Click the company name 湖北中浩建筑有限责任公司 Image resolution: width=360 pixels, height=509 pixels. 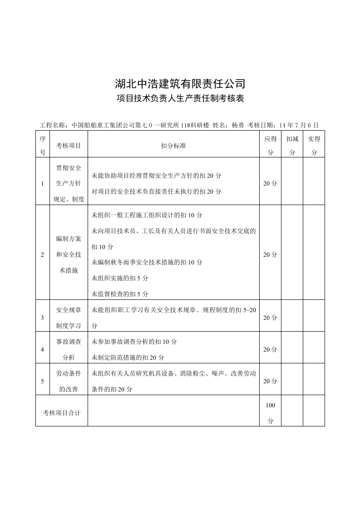pyautogui.click(x=180, y=83)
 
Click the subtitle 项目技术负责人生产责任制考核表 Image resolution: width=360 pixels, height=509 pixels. pyautogui.click(x=180, y=98)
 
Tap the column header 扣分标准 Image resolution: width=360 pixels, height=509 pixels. pyautogui.click(x=173, y=146)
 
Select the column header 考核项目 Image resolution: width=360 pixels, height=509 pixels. pyautogui.click(x=69, y=146)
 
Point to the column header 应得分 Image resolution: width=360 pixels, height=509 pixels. pyautogui.click(x=270, y=146)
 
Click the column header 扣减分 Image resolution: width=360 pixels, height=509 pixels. pyautogui.click(x=292, y=146)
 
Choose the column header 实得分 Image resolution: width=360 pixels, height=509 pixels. pyautogui.click(x=314, y=146)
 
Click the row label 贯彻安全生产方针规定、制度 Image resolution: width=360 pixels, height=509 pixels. pyautogui.click(x=69, y=184)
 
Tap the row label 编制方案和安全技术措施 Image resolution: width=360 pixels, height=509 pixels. pyautogui.click(x=69, y=255)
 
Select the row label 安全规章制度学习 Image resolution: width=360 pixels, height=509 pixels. pyautogui.click(x=69, y=318)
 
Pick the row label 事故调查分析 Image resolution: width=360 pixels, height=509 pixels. pyautogui.click(x=69, y=350)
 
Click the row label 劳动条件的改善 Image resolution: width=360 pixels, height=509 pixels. pyautogui.click(x=69, y=382)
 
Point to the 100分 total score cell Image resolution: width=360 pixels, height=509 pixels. pyautogui.click(x=270, y=413)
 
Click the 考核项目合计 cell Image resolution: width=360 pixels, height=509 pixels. pyautogui.click(x=62, y=413)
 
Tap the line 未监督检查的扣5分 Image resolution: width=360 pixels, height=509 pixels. pyautogui.click(x=120, y=294)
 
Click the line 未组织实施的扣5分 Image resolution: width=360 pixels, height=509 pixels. pyautogui.click(x=120, y=278)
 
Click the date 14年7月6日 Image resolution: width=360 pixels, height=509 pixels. pyautogui.click(x=300, y=125)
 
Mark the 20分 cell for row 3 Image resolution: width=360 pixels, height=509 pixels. pyautogui.click(x=270, y=318)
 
